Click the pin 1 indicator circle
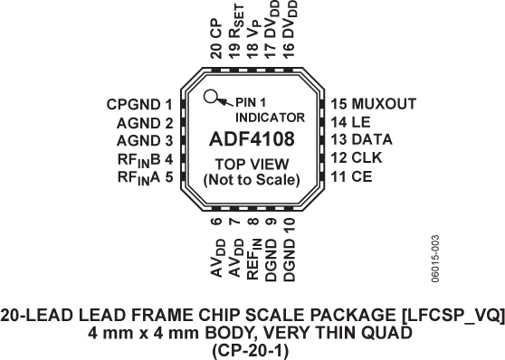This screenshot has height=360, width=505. point(210,98)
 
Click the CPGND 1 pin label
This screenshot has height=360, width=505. point(138,105)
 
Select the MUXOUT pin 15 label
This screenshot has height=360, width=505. point(373,104)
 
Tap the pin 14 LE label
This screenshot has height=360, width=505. point(350,122)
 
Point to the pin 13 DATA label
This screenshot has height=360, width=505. point(359,139)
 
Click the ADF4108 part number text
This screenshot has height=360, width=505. point(252,140)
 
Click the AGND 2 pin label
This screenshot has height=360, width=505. point(145,123)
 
